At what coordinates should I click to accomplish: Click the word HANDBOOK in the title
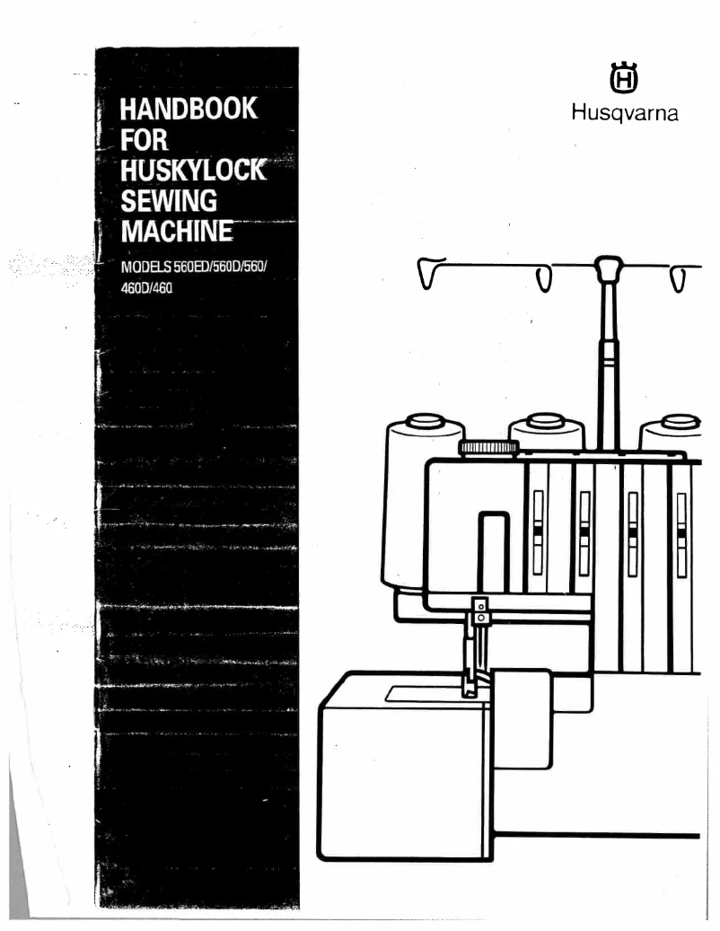coord(182,111)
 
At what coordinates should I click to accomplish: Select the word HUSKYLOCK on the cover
coord(190,172)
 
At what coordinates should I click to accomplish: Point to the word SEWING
coord(164,202)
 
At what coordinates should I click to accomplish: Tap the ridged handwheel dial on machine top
coord(488,446)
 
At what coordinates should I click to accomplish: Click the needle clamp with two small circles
coord(481,610)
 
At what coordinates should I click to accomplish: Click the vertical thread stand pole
coord(609,359)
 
